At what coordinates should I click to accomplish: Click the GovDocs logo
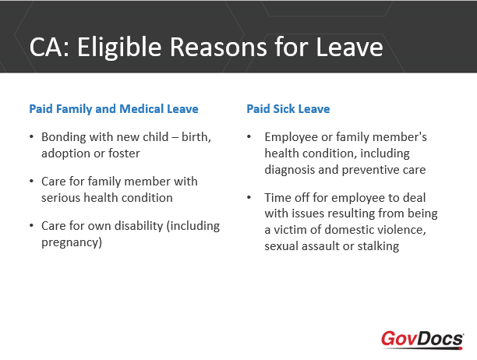pyautogui.click(x=422, y=339)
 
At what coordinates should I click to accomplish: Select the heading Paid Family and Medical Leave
pyautogui.click(x=114, y=109)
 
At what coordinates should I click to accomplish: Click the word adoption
pyautogui.click(x=65, y=154)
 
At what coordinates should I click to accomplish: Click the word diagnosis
pyautogui.click(x=290, y=170)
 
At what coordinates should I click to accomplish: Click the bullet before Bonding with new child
pyautogui.click(x=31, y=136)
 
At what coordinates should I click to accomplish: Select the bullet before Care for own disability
pyautogui.click(x=31, y=226)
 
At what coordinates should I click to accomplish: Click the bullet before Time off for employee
pyautogui.click(x=249, y=197)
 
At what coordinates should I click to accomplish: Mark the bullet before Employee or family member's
pyautogui.click(x=249, y=136)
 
